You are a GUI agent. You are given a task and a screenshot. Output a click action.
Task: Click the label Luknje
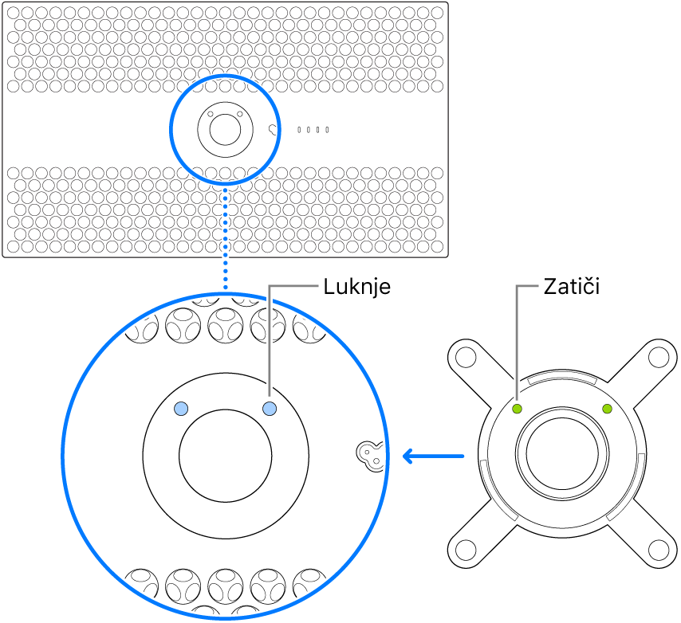(357, 287)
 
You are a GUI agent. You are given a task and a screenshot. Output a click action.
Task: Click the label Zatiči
(570, 287)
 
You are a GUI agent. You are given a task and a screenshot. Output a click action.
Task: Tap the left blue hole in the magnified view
(182, 409)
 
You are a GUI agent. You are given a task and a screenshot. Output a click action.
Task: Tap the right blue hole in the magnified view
(270, 409)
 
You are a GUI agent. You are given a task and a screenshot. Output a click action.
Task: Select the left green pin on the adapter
(517, 409)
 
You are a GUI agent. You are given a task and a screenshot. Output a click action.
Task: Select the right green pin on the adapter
(608, 409)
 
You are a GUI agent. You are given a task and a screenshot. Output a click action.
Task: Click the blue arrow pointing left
(432, 456)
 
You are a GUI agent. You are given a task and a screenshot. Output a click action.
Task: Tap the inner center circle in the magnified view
(226, 453)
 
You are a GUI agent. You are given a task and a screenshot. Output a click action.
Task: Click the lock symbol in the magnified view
(368, 454)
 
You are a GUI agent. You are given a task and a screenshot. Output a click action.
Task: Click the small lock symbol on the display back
(275, 129)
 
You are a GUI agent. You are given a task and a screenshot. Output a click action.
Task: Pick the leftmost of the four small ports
(299, 129)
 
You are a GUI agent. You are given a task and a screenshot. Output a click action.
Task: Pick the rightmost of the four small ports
(327, 129)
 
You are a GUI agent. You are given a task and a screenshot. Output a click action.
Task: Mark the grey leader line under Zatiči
(517, 343)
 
